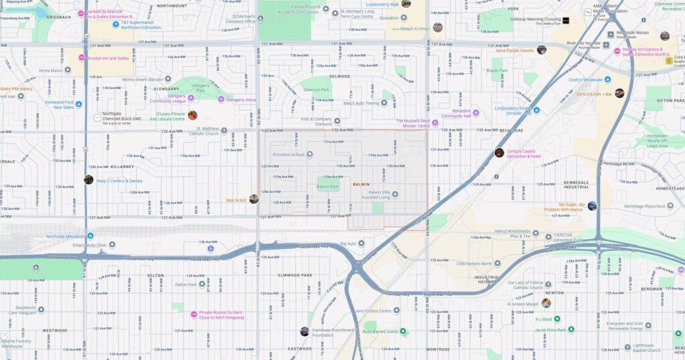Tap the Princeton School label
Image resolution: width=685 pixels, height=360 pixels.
[288, 155]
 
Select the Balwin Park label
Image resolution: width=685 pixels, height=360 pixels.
[328, 187]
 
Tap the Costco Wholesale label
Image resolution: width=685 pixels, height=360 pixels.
[585, 80]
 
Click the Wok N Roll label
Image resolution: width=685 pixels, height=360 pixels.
[236, 200]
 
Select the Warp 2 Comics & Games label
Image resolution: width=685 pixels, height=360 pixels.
[119, 181]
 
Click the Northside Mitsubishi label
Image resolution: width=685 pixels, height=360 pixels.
[66, 236]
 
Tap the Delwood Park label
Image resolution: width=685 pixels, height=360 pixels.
[317, 89]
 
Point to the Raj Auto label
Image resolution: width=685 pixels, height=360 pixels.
[349, 244]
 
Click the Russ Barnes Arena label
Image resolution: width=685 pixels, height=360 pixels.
[385, 331]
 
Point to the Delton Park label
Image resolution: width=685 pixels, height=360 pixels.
[186, 284]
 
